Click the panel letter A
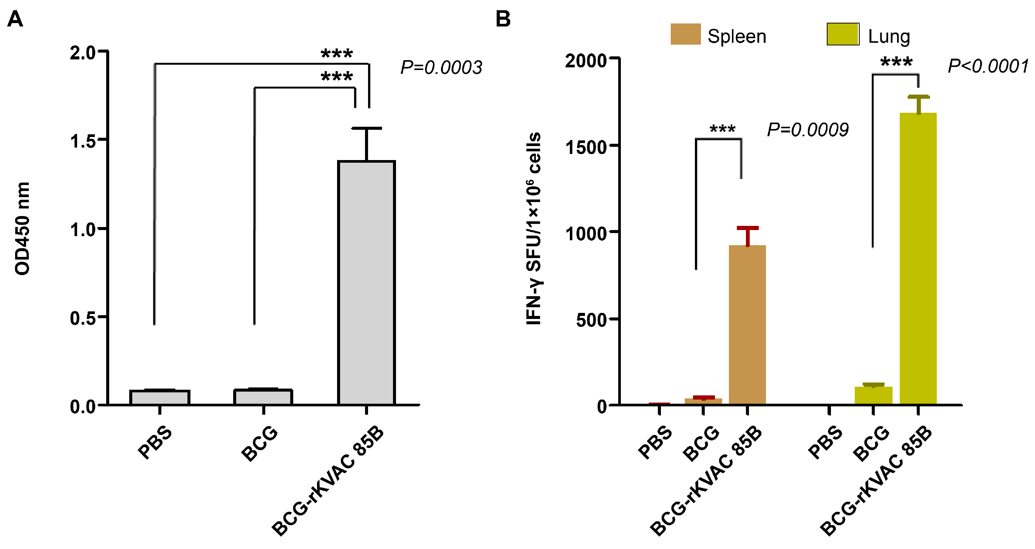tap(15, 19)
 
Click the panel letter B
tap(503, 19)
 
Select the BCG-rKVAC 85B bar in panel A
tap(367, 281)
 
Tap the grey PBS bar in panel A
tap(159, 397)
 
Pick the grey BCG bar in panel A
tap(263, 397)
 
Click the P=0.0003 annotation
tap(441, 68)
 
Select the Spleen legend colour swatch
tap(685, 34)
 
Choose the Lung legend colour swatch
tap(843, 34)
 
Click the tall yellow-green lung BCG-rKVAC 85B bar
tap(918, 257)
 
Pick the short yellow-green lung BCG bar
tap(874, 395)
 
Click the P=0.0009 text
tap(808, 130)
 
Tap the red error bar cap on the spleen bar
tap(748, 228)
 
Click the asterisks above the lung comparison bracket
tap(896, 62)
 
